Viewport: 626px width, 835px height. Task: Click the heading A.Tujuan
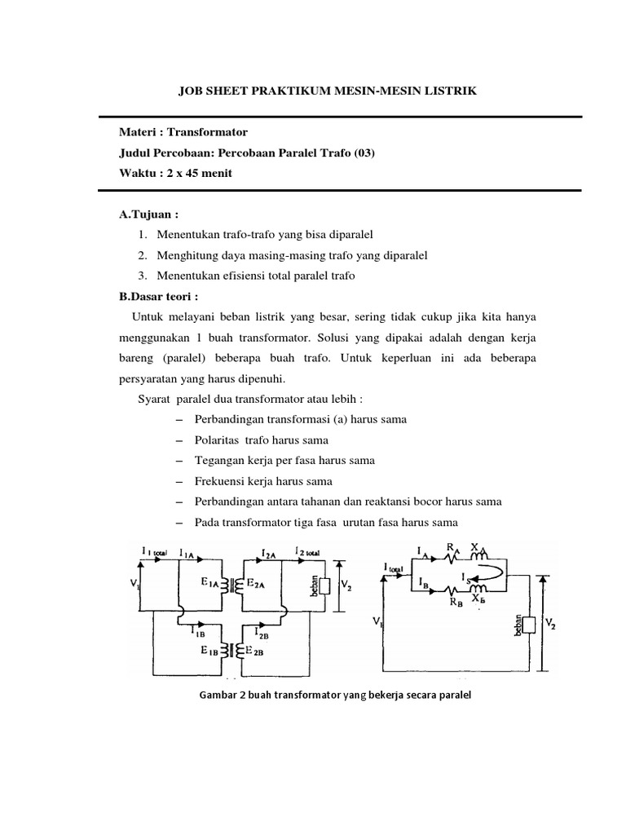pyautogui.click(x=148, y=214)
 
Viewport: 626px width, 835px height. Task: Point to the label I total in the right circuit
pyautogui.click(x=397, y=566)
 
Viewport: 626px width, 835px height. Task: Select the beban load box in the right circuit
pyautogui.click(x=530, y=625)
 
